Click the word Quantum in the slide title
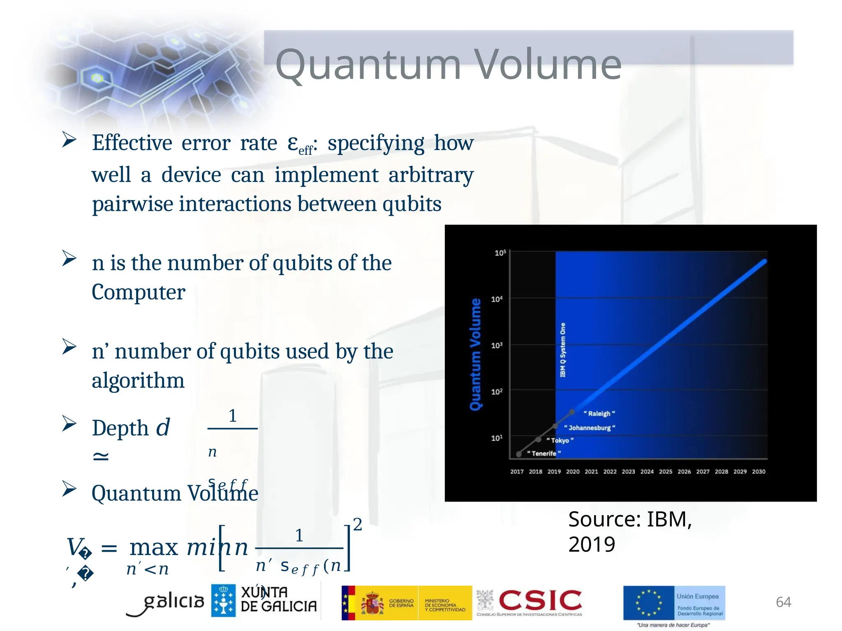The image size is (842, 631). (x=368, y=65)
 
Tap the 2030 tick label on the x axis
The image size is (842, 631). (x=759, y=472)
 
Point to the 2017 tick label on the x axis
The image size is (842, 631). (x=517, y=472)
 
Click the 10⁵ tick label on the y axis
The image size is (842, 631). (x=500, y=253)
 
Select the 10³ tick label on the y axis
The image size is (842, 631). (x=497, y=345)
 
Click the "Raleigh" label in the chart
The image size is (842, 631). (x=599, y=414)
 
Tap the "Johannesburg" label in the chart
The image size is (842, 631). (x=589, y=428)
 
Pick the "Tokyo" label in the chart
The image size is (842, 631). (x=560, y=440)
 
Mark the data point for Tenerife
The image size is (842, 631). (x=519, y=454)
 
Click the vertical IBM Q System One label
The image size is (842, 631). (x=563, y=350)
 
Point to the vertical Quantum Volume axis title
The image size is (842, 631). (x=475, y=354)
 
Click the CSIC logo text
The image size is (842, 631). (x=540, y=601)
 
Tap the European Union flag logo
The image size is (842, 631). (x=648, y=603)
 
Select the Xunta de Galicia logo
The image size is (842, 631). (x=264, y=601)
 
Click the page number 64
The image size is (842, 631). (x=783, y=602)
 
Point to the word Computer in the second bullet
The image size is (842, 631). (x=138, y=292)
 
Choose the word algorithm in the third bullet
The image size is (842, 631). (x=138, y=380)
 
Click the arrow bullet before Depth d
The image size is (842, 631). (x=69, y=423)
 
